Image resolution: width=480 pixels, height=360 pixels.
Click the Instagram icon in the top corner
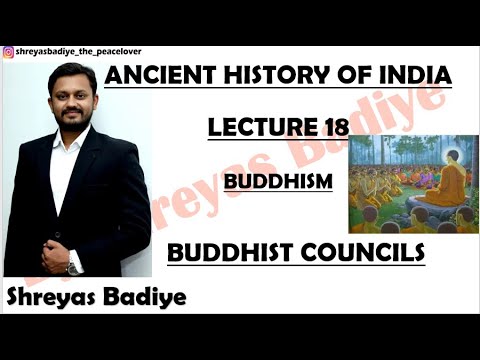click(x=8, y=52)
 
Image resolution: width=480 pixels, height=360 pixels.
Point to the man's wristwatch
click(x=73, y=267)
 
